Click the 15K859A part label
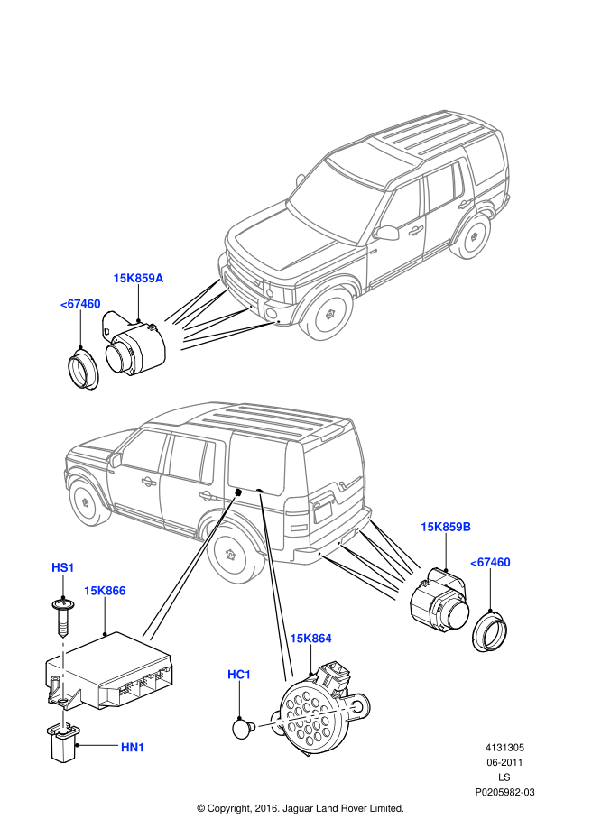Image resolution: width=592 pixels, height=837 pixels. [x=138, y=278]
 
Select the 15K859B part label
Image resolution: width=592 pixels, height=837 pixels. [x=446, y=527]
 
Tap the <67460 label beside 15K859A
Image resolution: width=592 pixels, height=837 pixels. [x=80, y=304]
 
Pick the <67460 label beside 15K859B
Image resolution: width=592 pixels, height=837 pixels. [x=490, y=562]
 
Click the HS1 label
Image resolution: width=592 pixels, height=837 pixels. [x=63, y=567]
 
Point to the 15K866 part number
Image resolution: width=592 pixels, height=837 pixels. [x=105, y=591]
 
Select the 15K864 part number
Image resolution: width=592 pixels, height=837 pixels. [x=310, y=639]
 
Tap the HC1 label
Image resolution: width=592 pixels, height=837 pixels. [x=239, y=675]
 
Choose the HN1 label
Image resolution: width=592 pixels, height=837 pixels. [x=133, y=748]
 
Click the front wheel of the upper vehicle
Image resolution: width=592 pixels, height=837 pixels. [x=329, y=313]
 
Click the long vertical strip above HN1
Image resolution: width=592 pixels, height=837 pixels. [x=63, y=669]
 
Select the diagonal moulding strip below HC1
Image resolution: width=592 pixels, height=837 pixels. [x=307, y=716]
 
